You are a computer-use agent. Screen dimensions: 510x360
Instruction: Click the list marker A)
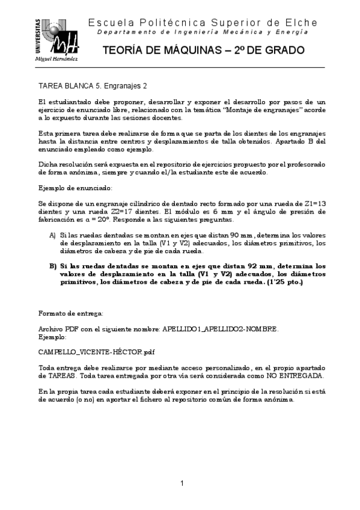pyautogui.click(x=52, y=236)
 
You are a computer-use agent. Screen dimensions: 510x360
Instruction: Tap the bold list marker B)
pyautogui.click(x=52, y=265)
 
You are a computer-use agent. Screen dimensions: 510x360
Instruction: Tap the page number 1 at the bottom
pyautogui.click(x=182, y=484)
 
